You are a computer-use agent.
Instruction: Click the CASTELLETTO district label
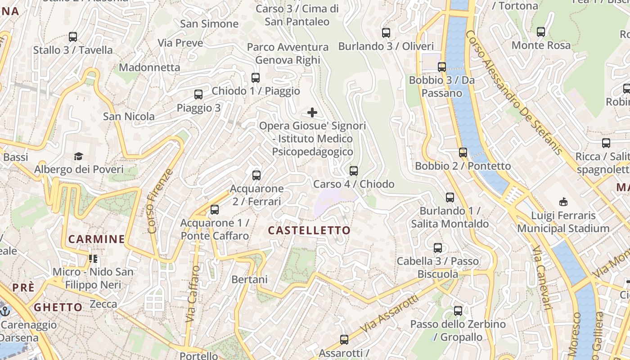pyautogui.click(x=309, y=230)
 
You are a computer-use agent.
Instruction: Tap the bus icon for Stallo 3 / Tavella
pyautogui.click(x=73, y=37)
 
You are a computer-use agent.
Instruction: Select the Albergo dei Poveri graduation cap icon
pyautogui.click(x=79, y=156)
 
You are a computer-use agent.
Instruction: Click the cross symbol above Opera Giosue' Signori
pyautogui.click(x=312, y=112)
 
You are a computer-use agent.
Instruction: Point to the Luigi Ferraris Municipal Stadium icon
pyautogui.click(x=563, y=202)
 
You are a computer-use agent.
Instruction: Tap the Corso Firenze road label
pyautogui.click(x=160, y=201)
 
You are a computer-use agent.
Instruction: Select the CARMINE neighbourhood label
pyautogui.click(x=96, y=239)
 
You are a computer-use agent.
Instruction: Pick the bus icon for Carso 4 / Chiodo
pyautogui.click(x=354, y=171)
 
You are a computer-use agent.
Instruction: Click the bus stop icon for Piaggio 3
pyautogui.click(x=198, y=94)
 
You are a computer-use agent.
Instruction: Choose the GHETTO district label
pyautogui.click(x=58, y=307)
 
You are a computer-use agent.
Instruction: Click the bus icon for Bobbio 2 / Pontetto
pyautogui.click(x=463, y=153)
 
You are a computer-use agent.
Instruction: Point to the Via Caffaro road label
pyautogui.click(x=193, y=293)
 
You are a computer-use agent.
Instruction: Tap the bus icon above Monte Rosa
pyautogui.click(x=541, y=32)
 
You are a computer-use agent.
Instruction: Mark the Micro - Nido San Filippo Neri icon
pyautogui.click(x=93, y=258)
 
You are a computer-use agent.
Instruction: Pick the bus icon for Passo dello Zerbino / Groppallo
pyautogui.click(x=458, y=311)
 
